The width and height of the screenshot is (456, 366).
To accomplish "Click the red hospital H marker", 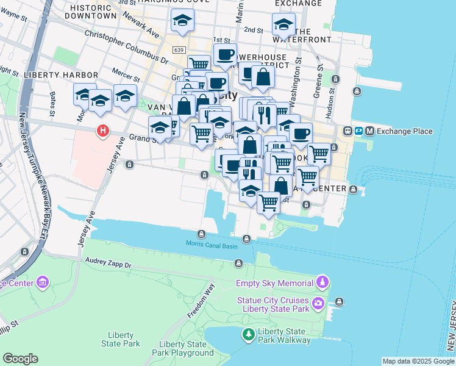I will (103, 131).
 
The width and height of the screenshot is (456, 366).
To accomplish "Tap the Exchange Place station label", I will (405, 131).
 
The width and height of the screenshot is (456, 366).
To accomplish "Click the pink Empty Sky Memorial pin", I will (322, 282).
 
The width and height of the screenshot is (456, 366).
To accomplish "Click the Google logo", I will (20, 359).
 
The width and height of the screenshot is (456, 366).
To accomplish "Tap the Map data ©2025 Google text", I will (418, 361).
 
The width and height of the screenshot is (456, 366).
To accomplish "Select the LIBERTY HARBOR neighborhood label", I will (57, 75).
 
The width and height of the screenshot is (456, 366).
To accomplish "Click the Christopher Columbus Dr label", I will (126, 48).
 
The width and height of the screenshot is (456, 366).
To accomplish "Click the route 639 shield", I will (178, 49).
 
